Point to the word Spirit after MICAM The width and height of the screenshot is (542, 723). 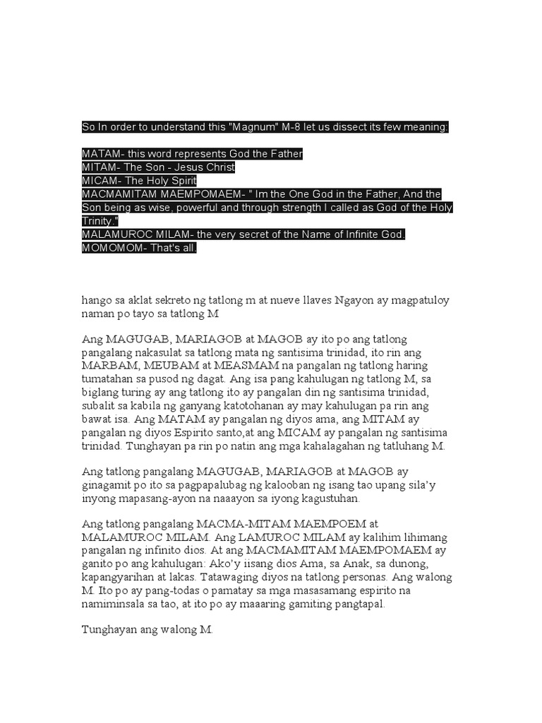(180, 181)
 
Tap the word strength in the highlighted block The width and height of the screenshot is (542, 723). (328, 208)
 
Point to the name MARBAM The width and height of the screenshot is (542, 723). (110, 366)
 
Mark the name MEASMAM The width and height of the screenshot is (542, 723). (246, 366)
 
